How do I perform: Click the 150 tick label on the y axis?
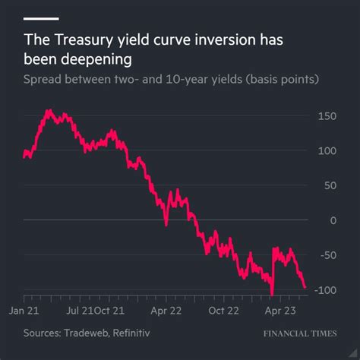[327, 116]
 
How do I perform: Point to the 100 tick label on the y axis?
[327, 151]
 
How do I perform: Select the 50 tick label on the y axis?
[330, 186]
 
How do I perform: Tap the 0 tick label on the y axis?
[333, 221]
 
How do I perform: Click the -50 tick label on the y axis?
[327, 256]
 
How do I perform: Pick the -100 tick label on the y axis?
[325, 291]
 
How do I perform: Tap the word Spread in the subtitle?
[43, 80]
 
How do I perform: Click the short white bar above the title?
[41, 17]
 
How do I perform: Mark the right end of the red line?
[305, 288]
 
